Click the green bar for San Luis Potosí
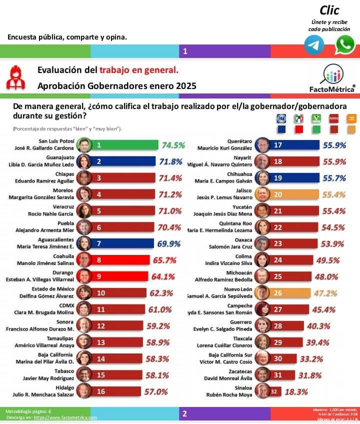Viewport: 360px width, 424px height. click(125, 145)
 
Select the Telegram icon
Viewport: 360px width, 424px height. click(314, 45)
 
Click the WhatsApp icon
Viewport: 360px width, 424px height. click(344, 45)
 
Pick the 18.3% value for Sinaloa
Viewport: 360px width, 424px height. click(296, 391)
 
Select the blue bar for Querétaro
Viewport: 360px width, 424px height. click(295, 145)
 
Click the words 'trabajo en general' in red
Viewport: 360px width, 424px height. click(138, 70)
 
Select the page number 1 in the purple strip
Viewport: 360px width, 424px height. click(185, 51)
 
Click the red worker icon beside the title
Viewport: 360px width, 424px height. click(16, 78)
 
